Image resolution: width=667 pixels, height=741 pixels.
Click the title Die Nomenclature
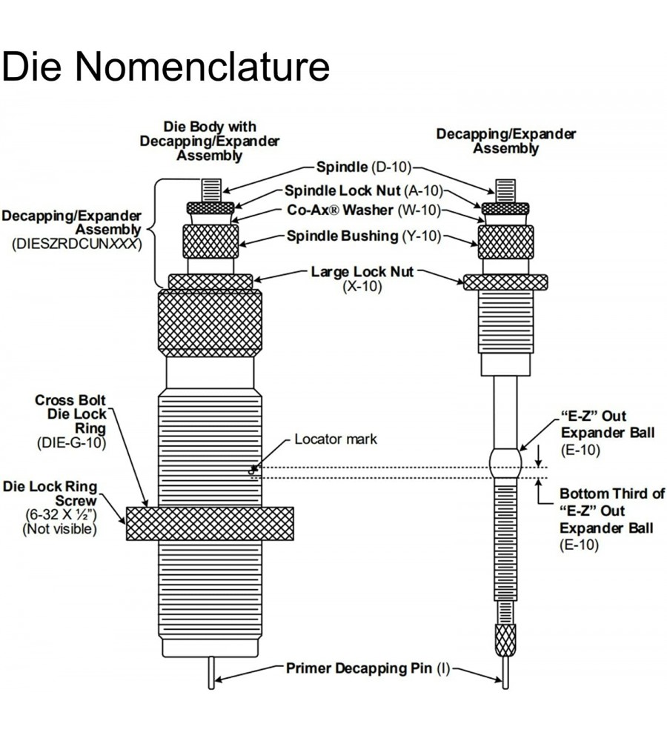point(165,66)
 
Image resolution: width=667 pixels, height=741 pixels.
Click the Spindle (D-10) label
point(363,167)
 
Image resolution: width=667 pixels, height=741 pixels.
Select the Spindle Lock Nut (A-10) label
point(364,190)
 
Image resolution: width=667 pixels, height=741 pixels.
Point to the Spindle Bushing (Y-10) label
point(364,236)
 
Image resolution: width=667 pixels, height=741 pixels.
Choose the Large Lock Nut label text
point(362,272)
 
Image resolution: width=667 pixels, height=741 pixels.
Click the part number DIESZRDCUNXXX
point(76,244)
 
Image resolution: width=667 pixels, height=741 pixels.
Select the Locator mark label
point(336,439)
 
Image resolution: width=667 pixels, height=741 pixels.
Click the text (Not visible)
point(60,529)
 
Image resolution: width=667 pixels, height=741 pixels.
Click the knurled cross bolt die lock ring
point(210,523)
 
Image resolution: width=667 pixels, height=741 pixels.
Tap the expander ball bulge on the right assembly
point(506,463)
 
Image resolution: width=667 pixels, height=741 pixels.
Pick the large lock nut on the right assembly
point(505,282)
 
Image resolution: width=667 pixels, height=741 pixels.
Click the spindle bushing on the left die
point(210,241)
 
